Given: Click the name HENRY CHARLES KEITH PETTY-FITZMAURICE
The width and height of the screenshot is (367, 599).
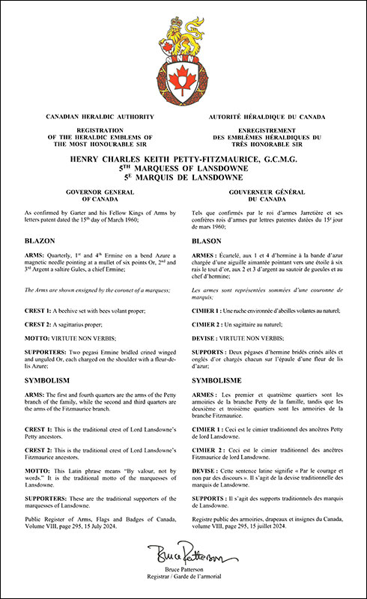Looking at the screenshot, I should click(183, 159).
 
